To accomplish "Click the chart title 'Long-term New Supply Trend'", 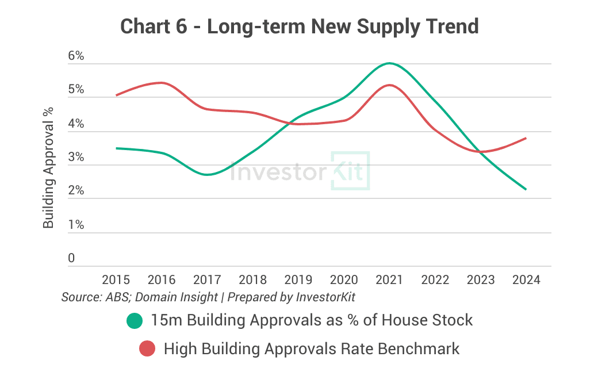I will click(299, 26).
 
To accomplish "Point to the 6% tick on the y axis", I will click(76, 56).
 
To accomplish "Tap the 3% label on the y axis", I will click(76, 158).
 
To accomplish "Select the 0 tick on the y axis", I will click(71, 258).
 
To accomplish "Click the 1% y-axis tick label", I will click(76, 225).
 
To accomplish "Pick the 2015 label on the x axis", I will click(116, 280).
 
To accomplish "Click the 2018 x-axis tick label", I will click(253, 280).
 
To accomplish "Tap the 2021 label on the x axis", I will click(390, 280).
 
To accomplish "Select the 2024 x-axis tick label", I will click(527, 280).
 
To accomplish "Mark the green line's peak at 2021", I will click(390, 63).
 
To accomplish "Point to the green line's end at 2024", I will click(526, 189).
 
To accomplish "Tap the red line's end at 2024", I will click(526, 138).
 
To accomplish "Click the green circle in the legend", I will click(135, 320).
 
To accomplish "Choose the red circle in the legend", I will click(148, 348).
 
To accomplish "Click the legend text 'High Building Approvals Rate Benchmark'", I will click(312, 348).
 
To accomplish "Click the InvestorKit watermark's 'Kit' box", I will click(350, 171).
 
